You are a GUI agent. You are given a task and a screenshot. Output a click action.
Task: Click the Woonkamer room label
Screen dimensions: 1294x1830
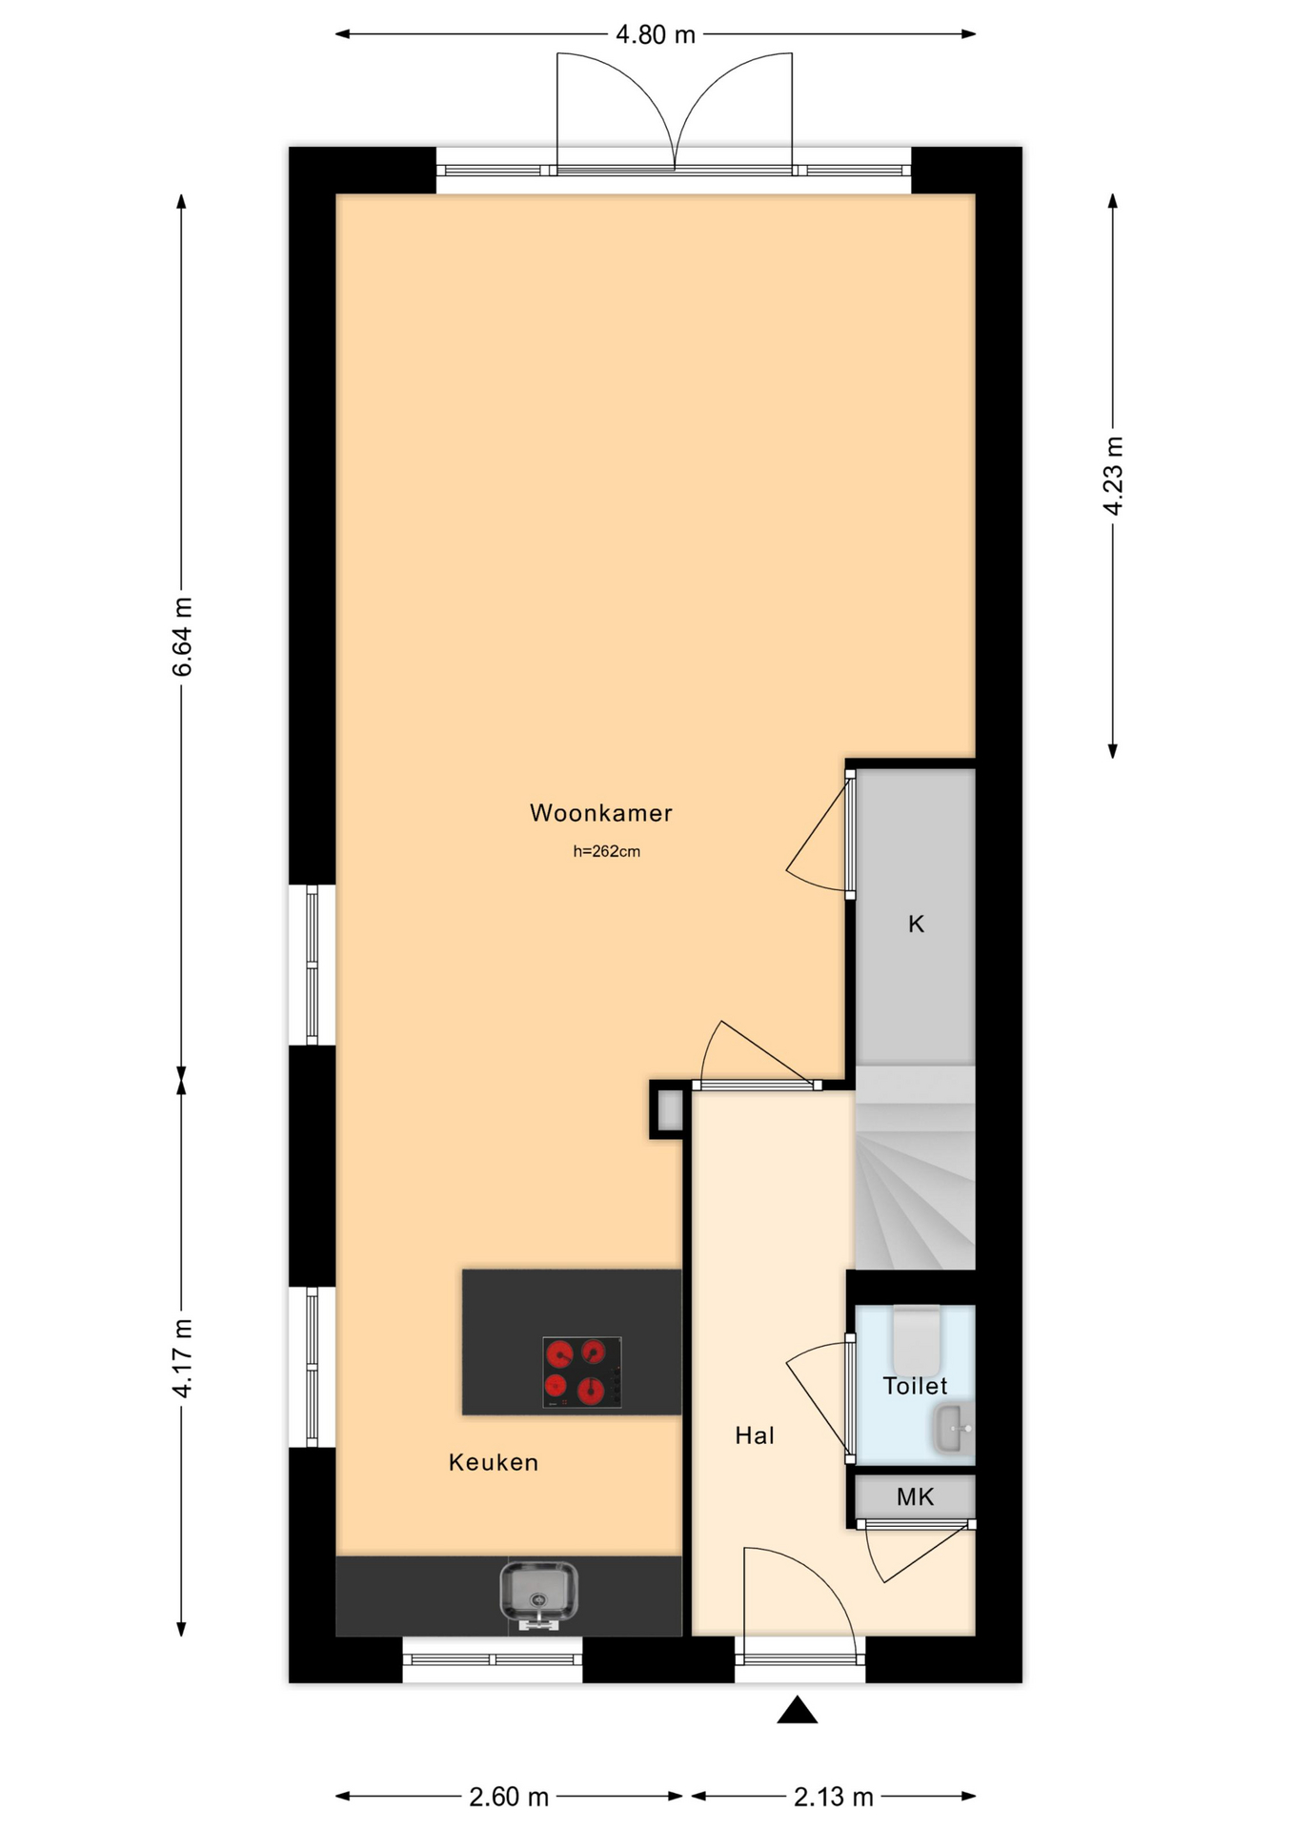point(601,813)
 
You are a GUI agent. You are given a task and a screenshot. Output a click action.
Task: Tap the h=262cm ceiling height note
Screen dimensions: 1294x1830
point(606,852)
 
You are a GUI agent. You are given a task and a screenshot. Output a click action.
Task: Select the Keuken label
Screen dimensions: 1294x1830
point(494,1462)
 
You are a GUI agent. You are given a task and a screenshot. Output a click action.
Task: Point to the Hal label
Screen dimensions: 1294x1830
point(755,1435)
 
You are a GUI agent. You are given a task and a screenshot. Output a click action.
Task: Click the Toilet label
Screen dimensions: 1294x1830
point(915,1386)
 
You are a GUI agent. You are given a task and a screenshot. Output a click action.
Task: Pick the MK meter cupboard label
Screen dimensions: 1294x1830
point(916,1496)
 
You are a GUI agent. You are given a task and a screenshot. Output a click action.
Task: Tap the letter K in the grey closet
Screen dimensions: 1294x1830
point(916,924)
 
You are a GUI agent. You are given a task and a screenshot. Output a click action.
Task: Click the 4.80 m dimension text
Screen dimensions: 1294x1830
point(656,35)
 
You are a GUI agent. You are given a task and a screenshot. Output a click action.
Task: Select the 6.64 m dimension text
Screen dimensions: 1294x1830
point(181,637)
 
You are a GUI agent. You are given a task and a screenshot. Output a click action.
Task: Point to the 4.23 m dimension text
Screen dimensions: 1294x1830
point(1113,476)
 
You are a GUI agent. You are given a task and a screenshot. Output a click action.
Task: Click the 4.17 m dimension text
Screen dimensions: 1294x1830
point(181,1358)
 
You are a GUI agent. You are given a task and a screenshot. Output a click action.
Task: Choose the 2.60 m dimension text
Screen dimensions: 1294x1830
point(509,1797)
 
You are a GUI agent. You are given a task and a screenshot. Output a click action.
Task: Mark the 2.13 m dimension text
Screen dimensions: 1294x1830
point(834,1797)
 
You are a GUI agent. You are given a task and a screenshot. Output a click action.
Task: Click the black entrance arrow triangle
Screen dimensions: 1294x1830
point(798,1711)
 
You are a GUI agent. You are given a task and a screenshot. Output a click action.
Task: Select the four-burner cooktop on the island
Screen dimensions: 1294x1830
point(582,1372)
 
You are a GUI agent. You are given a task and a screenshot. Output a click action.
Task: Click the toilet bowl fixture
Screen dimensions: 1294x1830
point(917,1339)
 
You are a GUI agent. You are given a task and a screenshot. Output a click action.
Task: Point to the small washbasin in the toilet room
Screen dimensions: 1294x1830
point(954,1429)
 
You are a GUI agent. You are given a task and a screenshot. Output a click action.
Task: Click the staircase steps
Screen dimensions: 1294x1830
point(915,1168)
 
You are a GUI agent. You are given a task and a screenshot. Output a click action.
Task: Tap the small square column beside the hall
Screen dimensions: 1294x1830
point(669,1109)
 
